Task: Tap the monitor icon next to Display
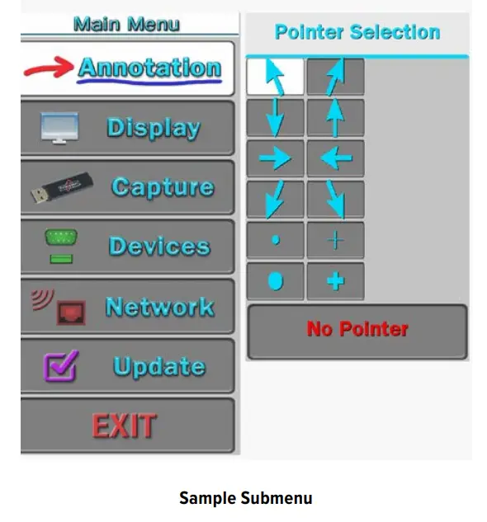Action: pyautogui.click(x=59, y=128)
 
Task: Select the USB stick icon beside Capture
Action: pyautogui.click(x=61, y=187)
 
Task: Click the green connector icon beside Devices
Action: pyautogui.click(x=61, y=246)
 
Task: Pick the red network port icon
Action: pyautogui.click(x=71, y=313)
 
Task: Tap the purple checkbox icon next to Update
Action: pyautogui.click(x=61, y=365)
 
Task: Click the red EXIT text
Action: pyautogui.click(x=124, y=426)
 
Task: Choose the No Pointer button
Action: pyautogui.click(x=357, y=332)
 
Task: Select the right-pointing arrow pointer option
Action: pyautogui.click(x=275, y=158)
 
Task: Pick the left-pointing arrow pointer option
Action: pyautogui.click(x=336, y=158)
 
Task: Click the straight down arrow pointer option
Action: pyautogui.click(x=275, y=117)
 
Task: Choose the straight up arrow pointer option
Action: pyautogui.click(x=336, y=117)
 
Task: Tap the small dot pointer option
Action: pyautogui.click(x=276, y=240)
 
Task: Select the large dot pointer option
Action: pyautogui.click(x=276, y=281)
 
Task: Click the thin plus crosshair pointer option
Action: pyautogui.click(x=336, y=240)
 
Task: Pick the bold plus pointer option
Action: pyautogui.click(x=336, y=281)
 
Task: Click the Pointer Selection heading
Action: pyautogui.click(x=357, y=32)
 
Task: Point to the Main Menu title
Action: pyautogui.click(x=126, y=24)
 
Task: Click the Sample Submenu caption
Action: pyautogui.click(x=246, y=498)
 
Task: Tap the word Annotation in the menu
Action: pyautogui.click(x=149, y=68)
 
